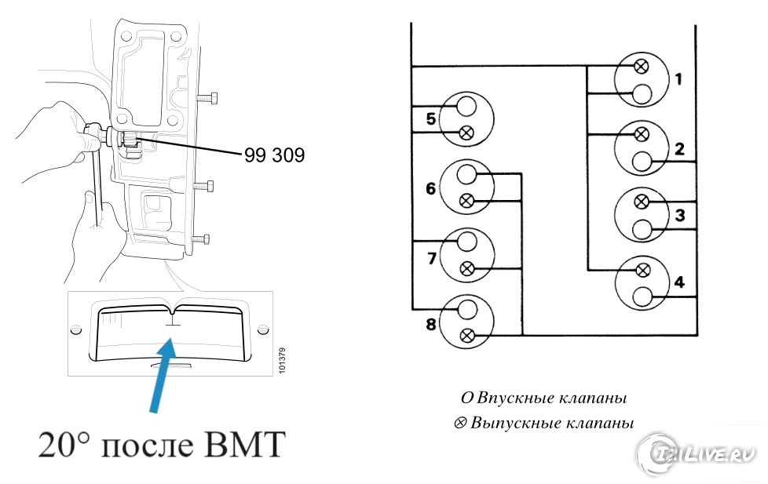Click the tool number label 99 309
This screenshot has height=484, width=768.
274,155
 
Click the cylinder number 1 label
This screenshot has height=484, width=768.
678,78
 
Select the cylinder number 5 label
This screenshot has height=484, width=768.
430,119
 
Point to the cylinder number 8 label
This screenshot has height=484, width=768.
430,322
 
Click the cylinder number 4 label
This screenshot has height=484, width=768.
678,282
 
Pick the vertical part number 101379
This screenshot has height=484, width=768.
282,360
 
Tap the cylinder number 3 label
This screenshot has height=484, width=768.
678,215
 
